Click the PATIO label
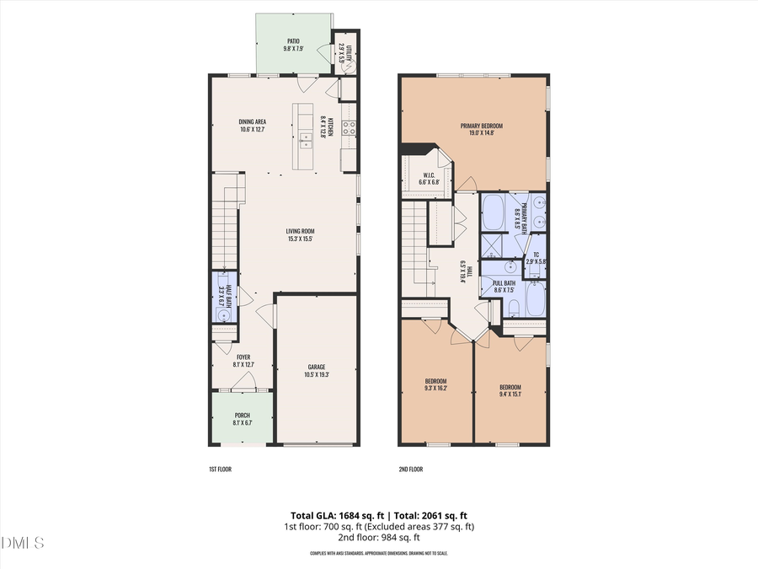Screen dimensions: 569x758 (293, 40)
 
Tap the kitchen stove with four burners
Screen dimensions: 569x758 (350, 129)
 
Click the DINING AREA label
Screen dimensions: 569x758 (253, 122)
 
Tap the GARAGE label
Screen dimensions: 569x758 (317, 367)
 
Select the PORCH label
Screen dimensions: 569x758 (242, 415)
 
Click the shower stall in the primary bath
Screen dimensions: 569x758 (491, 247)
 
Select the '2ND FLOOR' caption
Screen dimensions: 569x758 (411, 468)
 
